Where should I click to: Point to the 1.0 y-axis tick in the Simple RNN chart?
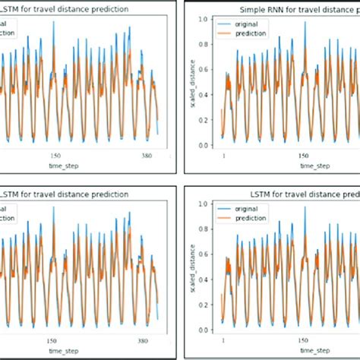(x=204, y=17)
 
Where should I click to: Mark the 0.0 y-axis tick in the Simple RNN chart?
(x=204, y=145)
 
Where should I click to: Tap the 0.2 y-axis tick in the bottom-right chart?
(x=204, y=305)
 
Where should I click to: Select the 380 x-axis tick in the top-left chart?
(x=146, y=155)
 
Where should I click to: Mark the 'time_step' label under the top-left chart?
(x=63, y=165)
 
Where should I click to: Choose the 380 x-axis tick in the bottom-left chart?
(x=146, y=340)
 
